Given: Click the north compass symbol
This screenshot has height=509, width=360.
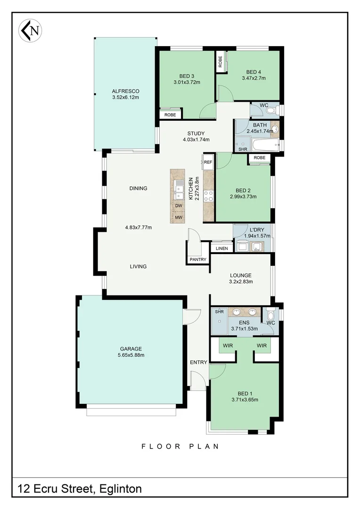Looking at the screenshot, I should click(30, 31).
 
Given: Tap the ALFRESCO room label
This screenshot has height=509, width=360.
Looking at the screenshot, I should click(125, 91).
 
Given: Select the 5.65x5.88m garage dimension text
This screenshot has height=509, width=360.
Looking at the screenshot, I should click(131, 355).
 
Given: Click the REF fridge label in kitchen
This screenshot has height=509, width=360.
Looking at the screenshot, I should click(208, 162).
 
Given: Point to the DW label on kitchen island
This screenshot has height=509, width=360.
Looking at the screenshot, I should click(179, 206).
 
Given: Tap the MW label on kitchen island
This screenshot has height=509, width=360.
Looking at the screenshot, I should click(179, 217).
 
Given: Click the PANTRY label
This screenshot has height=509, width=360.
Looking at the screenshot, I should click(198, 260).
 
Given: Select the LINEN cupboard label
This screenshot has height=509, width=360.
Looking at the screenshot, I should click(222, 248).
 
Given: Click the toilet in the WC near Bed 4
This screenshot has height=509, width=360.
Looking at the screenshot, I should click(270, 111).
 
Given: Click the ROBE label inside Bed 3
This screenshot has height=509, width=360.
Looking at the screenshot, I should click(170, 115).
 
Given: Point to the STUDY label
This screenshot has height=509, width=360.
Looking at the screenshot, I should click(196, 133).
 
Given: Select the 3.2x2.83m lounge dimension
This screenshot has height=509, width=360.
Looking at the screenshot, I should click(241, 282).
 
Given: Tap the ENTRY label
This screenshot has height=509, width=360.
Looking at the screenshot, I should click(198, 362).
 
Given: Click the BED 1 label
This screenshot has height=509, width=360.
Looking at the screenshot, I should click(245, 394).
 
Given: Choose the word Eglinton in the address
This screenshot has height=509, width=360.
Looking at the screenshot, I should click(120, 489).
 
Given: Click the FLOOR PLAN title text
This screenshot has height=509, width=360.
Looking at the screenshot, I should click(180, 446).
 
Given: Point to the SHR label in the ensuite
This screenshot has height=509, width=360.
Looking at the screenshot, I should click(219, 312).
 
